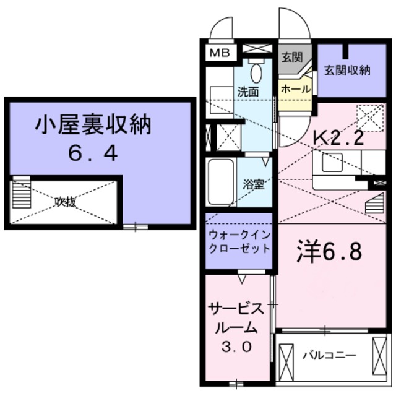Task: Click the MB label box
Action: pos(218,53)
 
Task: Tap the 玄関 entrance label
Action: pos(292,59)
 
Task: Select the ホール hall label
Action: pos(296,89)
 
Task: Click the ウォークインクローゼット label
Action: pos(239,242)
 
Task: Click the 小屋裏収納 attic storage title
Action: pos(92,128)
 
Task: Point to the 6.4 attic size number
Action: pos(93,153)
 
